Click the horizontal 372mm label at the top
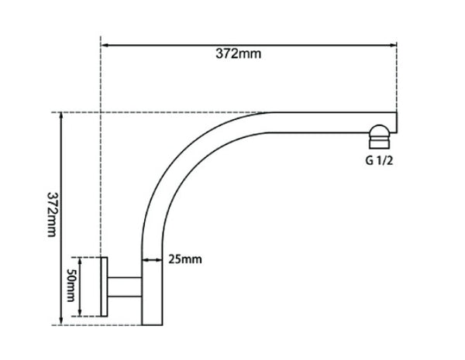(239, 53)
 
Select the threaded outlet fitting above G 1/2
(380, 136)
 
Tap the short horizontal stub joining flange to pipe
(124, 287)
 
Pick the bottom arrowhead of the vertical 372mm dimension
(61, 320)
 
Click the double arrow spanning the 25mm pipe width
(151, 259)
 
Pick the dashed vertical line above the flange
(102, 155)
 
